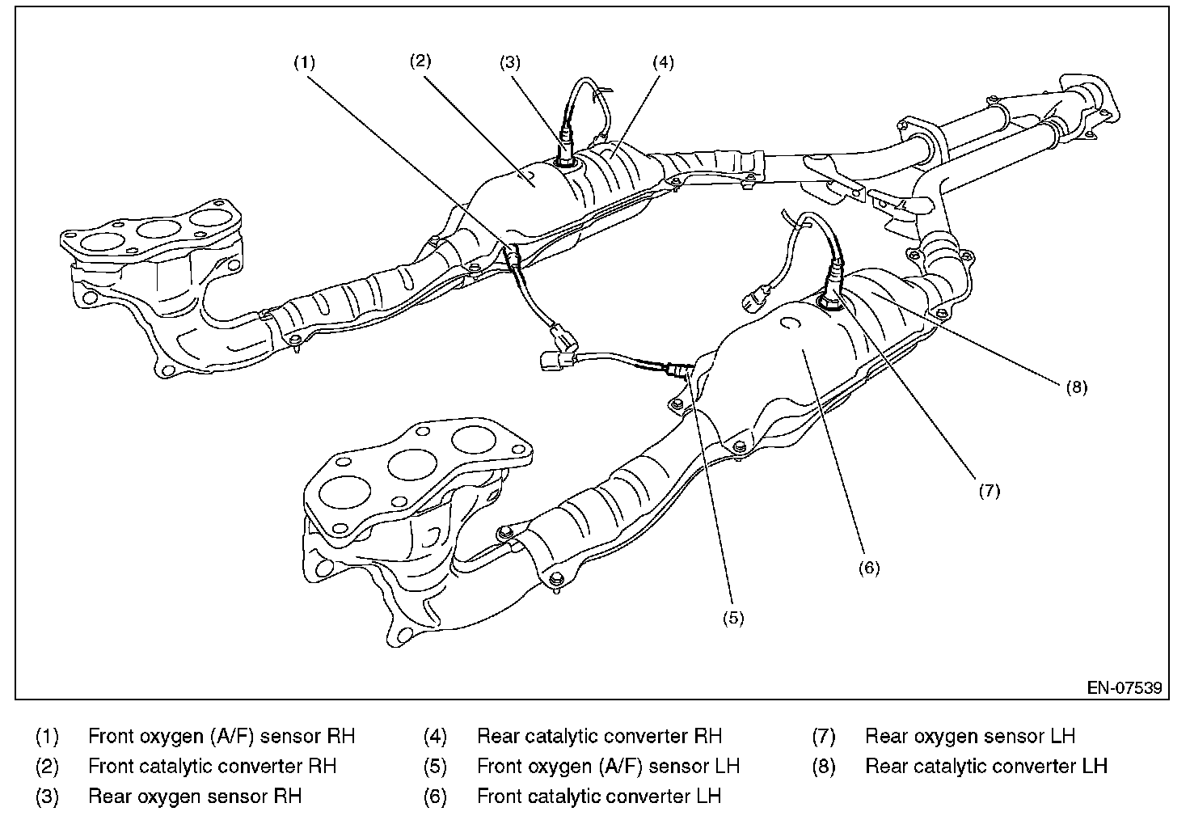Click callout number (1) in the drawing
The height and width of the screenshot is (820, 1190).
304,62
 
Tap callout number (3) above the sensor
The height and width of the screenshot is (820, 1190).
509,62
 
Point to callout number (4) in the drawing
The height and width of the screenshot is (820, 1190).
662,62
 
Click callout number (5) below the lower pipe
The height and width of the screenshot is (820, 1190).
732,618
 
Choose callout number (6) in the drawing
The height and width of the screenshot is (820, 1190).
868,568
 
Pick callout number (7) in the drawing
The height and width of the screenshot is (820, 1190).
990,490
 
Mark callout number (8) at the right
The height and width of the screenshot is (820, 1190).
1076,387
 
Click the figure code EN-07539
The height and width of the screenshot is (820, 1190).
1124,688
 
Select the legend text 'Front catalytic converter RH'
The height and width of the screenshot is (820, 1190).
212,766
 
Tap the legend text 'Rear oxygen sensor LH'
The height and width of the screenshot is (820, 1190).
970,737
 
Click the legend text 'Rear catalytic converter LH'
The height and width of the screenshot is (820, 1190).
986,766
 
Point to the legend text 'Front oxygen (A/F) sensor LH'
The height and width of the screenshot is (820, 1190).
608,766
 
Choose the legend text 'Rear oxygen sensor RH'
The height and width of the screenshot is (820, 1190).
195,797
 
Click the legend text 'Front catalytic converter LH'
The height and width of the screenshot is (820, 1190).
599,797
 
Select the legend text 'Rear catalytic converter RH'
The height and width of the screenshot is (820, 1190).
599,737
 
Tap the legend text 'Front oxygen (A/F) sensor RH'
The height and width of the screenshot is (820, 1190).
222,737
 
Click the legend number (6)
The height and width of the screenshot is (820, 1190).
435,797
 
